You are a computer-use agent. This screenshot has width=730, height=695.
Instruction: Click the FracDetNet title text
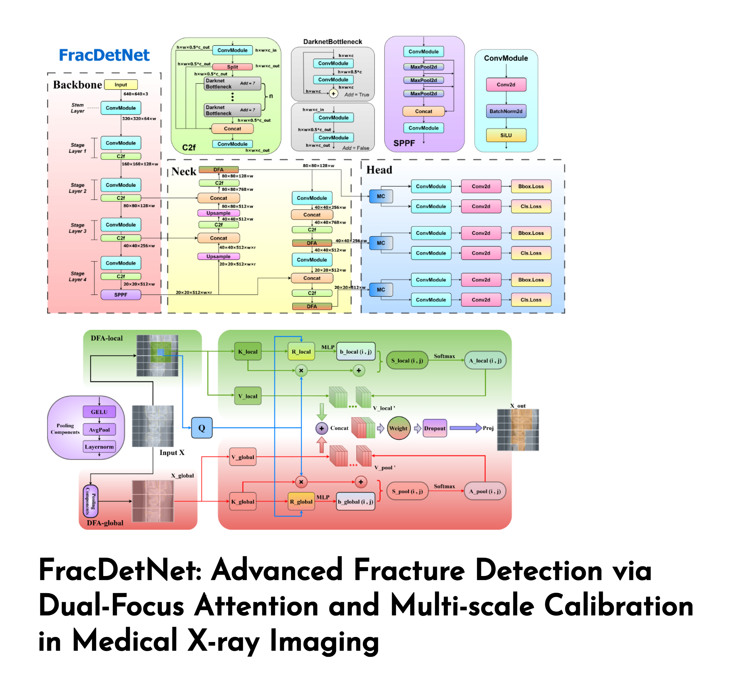coord(104,55)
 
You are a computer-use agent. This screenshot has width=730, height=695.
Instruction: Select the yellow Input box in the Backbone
coord(121,85)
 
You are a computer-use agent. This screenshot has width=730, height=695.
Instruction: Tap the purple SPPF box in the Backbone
coord(121,295)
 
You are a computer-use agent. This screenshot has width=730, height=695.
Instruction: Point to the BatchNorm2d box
coord(506,111)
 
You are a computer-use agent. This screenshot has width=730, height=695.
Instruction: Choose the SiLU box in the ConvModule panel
coord(506,135)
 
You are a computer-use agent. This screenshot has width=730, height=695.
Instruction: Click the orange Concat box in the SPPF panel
coord(424,111)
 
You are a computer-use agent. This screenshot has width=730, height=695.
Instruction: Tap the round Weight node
coord(398,428)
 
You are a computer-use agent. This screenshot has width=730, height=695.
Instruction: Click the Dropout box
coord(435,428)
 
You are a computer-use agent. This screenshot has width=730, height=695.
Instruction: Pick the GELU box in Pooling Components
coord(99,412)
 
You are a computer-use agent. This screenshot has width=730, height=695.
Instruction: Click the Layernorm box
coord(99,447)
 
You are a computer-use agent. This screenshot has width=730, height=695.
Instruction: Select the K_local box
coord(248,352)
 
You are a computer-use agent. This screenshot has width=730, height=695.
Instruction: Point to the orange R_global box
coord(301,502)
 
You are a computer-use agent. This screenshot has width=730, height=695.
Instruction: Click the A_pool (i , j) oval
coord(485,491)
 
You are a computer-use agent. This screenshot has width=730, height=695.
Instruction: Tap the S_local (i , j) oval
coord(407,360)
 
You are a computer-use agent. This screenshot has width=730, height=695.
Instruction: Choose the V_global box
coord(243,457)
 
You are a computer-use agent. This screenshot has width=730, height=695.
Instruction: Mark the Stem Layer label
coord(78,108)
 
